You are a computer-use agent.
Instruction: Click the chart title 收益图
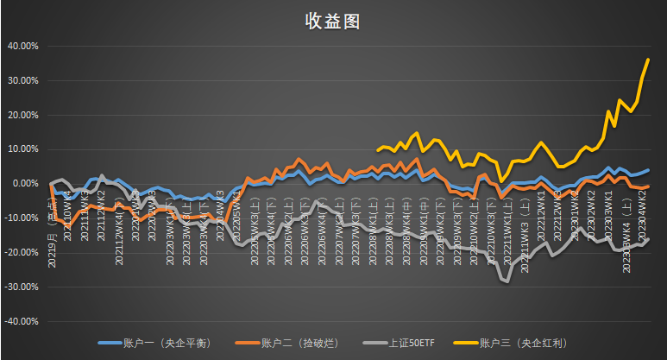[x=332, y=22]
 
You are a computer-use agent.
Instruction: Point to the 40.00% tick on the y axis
[x=22, y=46]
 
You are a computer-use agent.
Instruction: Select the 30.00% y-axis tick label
[x=22, y=80]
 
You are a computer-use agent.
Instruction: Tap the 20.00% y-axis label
[x=22, y=115]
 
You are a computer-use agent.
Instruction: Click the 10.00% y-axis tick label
[x=22, y=148]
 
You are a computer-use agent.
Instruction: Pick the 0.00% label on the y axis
[x=23, y=183]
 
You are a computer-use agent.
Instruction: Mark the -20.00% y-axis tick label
[x=20, y=252]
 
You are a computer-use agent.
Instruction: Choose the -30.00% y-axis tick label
[x=20, y=287]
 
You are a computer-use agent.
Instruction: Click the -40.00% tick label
[x=20, y=320]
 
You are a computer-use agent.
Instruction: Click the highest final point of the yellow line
[x=648, y=59]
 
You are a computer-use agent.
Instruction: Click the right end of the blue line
[x=648, y=171]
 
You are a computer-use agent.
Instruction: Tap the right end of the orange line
[x=648, y=186]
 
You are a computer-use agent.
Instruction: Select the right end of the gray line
[x=648, y=239]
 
